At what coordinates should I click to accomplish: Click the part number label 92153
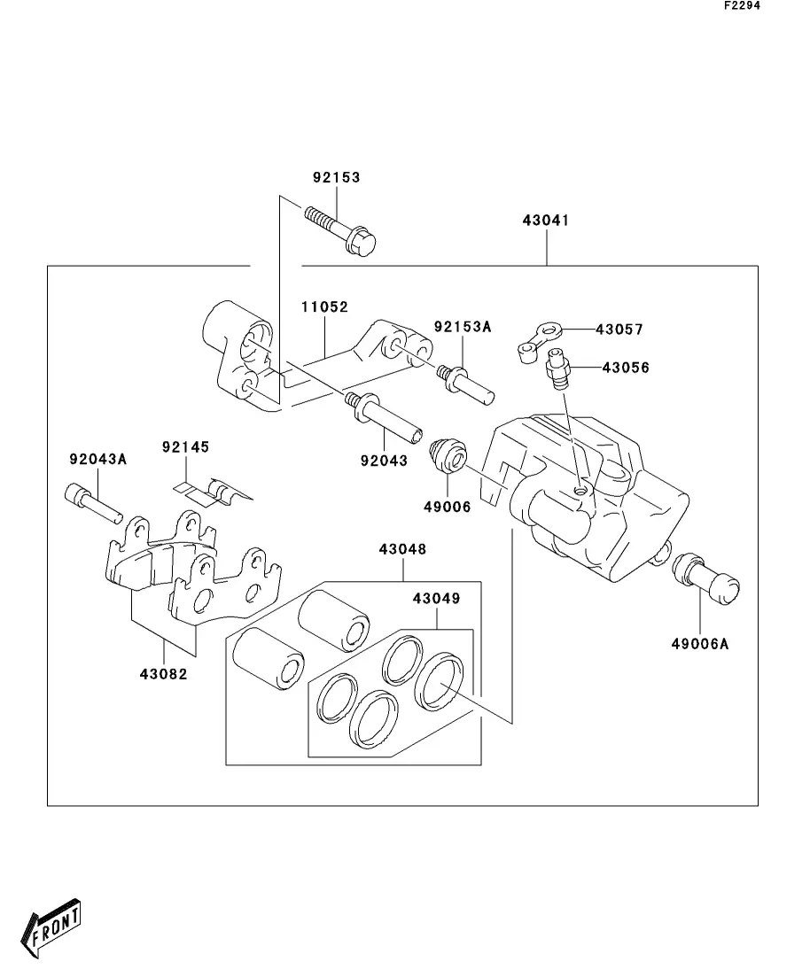tap(336, 177)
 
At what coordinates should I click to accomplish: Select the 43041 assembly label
tap(546, 220)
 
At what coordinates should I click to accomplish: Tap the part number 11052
tap(324, 306)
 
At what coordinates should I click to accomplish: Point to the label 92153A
tap(463, 327)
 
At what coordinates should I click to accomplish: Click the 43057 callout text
tap(619, 329)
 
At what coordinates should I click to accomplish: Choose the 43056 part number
tap(626, 368)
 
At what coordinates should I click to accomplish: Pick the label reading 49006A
tap(699, 644)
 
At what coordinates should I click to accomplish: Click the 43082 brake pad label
tap(163, 673)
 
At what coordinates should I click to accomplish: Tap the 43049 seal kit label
tap(437, 598)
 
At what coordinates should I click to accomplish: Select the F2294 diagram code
tap(742, 5)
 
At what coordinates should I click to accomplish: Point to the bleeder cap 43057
tap(539, 339)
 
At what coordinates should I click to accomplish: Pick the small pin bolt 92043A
tap(93, 502)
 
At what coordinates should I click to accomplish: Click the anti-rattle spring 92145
tap(213, 492)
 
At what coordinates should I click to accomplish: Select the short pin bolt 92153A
tap(466, 384)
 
